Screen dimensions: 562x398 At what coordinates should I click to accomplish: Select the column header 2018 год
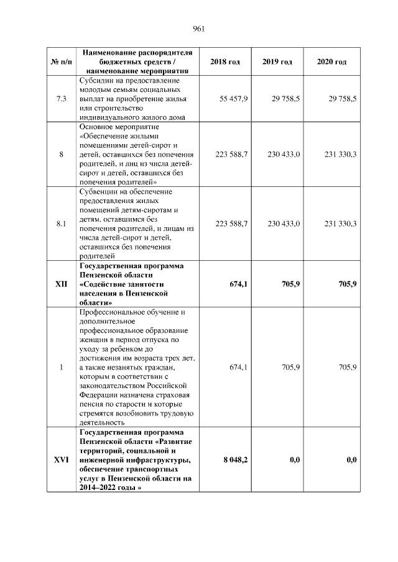pos(224,62)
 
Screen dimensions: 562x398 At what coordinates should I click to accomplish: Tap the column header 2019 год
pos(277,62)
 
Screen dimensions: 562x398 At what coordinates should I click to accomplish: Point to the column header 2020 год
pos(331,62)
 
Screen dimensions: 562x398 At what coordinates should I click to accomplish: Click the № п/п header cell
pos(61,62)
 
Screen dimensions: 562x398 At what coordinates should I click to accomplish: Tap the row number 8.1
pos(61,224)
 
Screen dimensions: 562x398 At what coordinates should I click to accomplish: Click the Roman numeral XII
pos(61,284)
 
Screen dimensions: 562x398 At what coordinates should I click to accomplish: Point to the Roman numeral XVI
pos(61,460)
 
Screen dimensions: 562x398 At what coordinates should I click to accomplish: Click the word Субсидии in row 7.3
pos(95,81)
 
